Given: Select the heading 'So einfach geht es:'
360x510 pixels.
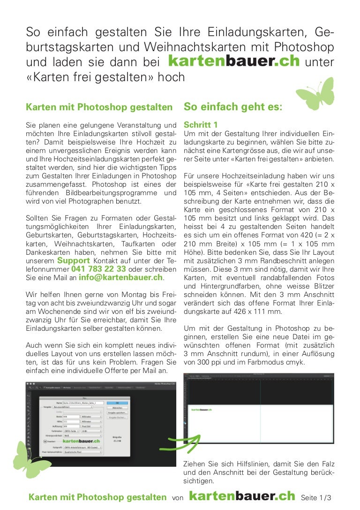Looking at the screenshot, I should coord(233,107).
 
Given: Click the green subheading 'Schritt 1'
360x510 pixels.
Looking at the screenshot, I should coord(201,125).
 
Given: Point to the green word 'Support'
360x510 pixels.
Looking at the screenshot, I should coord(73,260).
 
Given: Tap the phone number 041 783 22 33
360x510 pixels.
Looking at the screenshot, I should coord(98,269).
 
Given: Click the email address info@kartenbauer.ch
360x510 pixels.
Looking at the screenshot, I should coord(120,277).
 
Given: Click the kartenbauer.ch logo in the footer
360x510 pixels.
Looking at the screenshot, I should coord(242,496).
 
